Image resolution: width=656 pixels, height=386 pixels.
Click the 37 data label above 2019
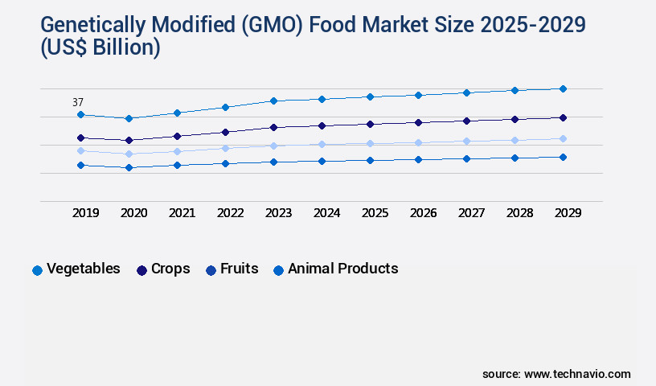pos(78,102)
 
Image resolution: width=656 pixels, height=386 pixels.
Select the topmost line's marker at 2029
pos(563,88)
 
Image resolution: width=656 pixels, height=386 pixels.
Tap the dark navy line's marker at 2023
pos(273,127)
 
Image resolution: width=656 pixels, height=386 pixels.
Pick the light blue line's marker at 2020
pos(129,154)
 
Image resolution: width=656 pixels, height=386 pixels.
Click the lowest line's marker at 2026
pos(418,159)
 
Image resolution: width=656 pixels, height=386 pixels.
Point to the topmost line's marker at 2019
pos(80,114)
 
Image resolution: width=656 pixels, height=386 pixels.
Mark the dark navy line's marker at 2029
pos(563,117)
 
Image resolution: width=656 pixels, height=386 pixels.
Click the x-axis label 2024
pos(326,213)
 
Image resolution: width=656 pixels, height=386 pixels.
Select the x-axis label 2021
pos(182,213)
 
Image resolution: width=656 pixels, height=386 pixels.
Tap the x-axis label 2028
pos(519,213)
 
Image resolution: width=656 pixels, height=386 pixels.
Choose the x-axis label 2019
pos(85,213)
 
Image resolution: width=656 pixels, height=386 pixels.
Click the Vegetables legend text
pos(84,269)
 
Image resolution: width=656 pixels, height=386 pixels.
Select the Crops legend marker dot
pos(141,270)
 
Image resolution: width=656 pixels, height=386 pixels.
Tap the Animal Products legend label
pos(342,269)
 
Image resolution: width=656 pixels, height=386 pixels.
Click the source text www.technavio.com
pos(577,374)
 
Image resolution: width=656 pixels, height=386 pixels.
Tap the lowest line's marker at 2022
pos(225,163)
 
